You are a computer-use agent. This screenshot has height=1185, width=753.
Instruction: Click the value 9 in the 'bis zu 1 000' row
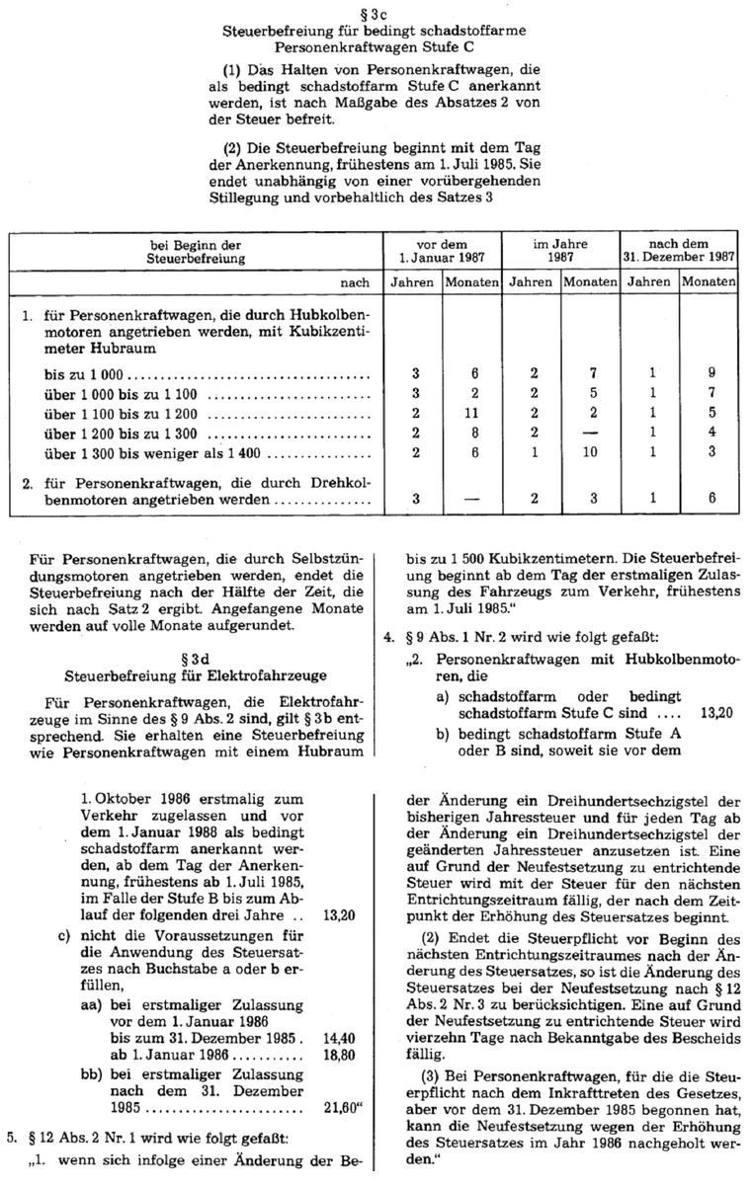pos(710,375)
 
